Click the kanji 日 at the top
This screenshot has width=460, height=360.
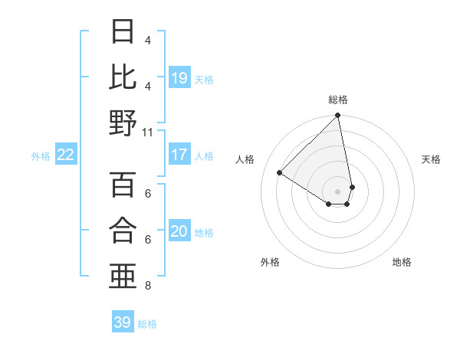[x=123, y=32]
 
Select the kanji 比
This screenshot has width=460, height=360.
[x=123, y=77]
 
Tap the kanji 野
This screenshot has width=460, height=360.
[x=123, y=123]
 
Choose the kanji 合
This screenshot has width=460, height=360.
[x=123, y=230]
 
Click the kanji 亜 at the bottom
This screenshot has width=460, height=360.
[x=123, y=276]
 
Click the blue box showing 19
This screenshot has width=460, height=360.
[x=179, y=77]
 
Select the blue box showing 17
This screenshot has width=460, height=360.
[x=179, y=155]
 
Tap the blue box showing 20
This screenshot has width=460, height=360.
[x=179, y=231]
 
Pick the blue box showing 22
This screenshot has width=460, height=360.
[x=66, y=155]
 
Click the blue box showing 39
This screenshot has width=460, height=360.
[x=123, y=322]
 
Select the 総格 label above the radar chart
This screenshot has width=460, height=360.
[x=338, y=100]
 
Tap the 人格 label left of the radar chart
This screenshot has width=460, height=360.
[x=245, y=159]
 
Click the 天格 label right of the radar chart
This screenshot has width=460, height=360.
[x=432, y=159]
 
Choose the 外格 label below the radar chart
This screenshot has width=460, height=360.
[x=270, y=262]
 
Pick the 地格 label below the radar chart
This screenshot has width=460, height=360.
[x=402, y=262]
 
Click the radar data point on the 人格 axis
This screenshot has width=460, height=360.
[x=280, y=172]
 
